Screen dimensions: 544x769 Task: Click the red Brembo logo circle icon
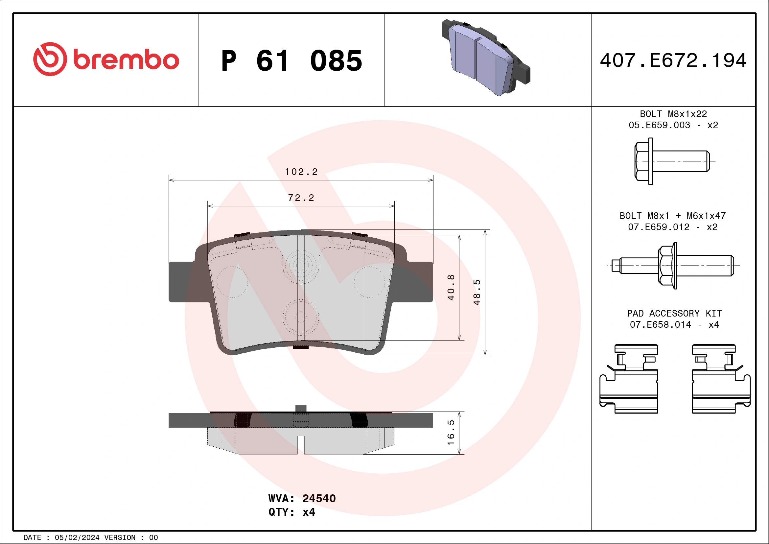(50, 59)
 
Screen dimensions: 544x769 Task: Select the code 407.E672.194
(673, 60)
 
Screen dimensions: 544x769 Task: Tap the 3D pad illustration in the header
(486, 57)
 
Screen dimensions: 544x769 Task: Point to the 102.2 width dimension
(301, 172)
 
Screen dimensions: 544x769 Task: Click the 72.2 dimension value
(301, 198)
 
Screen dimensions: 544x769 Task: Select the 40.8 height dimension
(451, 287)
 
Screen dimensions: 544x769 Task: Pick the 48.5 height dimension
(477, 292)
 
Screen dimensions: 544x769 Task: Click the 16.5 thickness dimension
(451, 433)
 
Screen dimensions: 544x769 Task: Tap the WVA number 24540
(318, 498)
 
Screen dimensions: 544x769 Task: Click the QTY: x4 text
(291, 512)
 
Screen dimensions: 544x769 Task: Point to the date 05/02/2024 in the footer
(77, 538)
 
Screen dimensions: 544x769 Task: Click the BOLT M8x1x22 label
(673, 114)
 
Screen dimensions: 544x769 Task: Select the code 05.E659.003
(659, 125)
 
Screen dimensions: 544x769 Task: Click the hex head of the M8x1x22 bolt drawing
(642, 161)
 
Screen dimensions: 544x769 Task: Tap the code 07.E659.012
(659, 227)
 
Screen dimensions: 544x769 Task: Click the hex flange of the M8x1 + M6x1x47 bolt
(667, 266)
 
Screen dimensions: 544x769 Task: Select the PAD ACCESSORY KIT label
(674, 313)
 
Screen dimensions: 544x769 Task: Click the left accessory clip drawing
(629, 379)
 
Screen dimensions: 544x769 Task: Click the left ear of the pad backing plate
(181, 282)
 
